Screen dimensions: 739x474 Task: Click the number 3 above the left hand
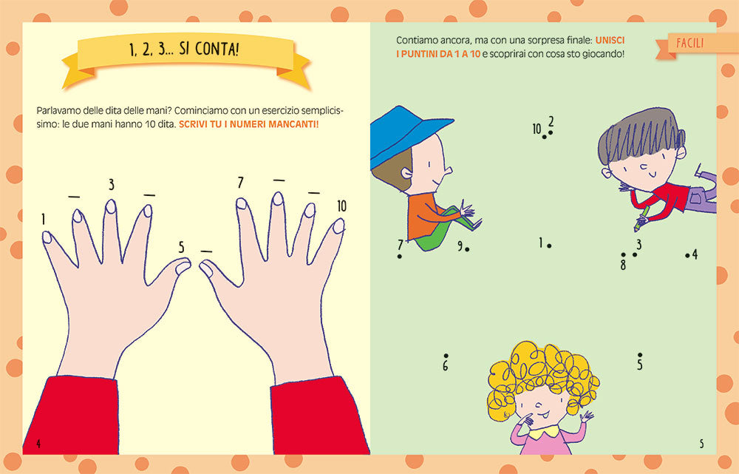[x=112, y=184]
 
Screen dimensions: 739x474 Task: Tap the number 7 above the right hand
[x=240, y=183]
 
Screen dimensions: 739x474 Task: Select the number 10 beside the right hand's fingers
[x=341, y=206]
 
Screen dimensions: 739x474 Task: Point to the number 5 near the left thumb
[x=182, y=248]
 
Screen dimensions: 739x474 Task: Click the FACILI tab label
[x=690, y=44]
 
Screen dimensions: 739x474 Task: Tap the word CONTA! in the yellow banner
[x=217, y=49]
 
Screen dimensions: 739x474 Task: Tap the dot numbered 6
[x=446, y=356]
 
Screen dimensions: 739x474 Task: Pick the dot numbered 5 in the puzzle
[x=639, y=355]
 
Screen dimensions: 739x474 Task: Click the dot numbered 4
[x=687, y=256]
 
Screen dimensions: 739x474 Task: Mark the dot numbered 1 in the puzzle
[x=550, y=246]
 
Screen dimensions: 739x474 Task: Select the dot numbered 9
[x=467, y=249]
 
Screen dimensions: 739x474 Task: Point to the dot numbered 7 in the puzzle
[x=400, y=257]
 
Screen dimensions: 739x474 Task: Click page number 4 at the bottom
[x=38, y=444]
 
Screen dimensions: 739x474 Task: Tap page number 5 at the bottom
[x=701, y=444]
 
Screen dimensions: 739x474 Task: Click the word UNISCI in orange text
[x=610, y=41]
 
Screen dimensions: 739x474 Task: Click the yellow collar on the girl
[x=545, y=431]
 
